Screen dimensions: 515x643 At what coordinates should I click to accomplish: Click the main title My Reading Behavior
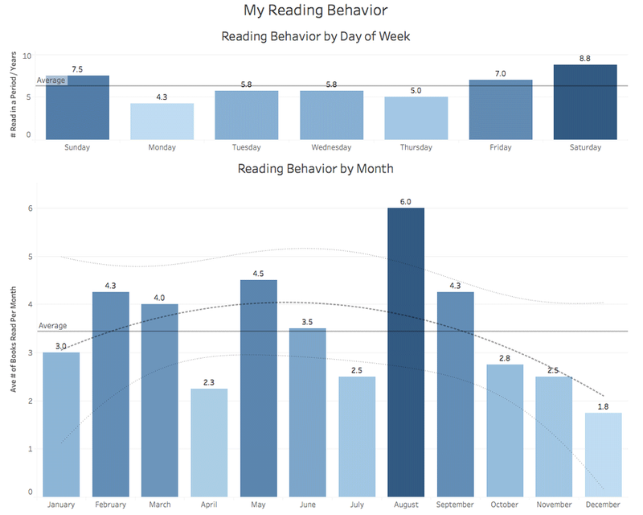[316, 10]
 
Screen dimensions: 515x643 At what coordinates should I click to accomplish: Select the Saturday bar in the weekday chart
[584, 101]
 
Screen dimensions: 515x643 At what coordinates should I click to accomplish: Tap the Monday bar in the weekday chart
[162, 121]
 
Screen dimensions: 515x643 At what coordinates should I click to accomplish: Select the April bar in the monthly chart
[209, 442]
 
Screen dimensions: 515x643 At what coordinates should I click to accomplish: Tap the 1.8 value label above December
[604, 406]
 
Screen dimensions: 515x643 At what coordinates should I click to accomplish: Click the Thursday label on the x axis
[416, 147]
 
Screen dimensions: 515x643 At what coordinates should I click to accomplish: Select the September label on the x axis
[455, 505]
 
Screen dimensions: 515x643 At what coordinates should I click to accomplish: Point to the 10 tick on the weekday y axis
[27, 56]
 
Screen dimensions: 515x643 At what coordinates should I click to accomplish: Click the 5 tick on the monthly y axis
[30, 257]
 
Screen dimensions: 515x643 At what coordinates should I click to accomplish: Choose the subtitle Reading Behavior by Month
[315, 170]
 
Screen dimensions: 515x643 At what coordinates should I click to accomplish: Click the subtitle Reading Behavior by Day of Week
[316, 36]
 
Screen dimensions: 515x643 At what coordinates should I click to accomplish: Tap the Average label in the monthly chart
[52, 326]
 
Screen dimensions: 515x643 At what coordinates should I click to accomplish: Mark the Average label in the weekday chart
[51, 80]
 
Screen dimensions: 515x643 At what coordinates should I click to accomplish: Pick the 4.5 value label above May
[258, 274]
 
